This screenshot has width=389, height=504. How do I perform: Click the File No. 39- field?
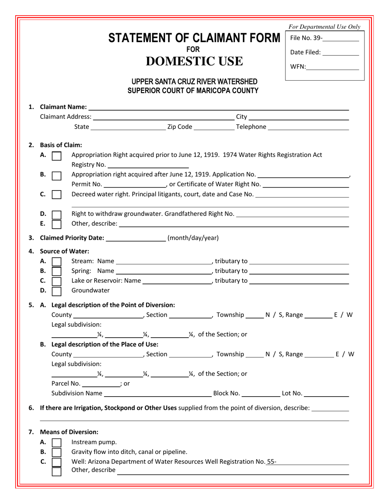tap(341, 39)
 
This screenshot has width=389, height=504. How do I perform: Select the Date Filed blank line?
tap(341, 53)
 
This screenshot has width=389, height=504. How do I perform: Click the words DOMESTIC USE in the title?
tap(194, 61)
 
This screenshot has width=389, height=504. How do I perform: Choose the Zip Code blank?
tap(213, 127)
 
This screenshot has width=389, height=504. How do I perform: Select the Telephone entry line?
tap(308, 127)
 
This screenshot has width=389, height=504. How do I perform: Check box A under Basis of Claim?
tap(57, 156)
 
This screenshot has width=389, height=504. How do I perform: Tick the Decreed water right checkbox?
tap(57, 194)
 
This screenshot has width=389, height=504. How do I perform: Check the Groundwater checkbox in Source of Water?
tap(57, 291)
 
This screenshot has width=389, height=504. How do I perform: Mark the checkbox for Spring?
tap(57, 271)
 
